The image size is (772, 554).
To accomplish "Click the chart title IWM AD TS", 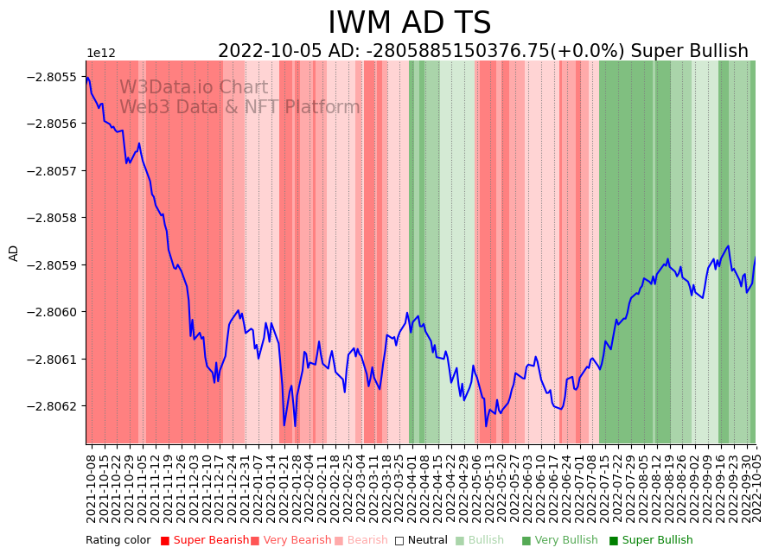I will tap(409, 23).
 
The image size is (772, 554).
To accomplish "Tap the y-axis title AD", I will tap(14, 252).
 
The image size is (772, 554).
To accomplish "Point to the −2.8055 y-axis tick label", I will tap(53, 77).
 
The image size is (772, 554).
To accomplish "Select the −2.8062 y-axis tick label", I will tap(53, 405).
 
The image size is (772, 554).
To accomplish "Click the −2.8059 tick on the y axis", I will tap(53, 264).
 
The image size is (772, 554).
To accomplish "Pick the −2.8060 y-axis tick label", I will tap(53, 311).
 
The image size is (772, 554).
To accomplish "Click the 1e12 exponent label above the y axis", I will tap(100, 54).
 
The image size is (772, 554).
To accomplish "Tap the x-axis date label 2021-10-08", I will tap(91, 486).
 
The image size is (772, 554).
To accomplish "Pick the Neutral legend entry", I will tap(421, 540).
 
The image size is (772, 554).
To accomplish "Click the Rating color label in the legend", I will tap(118, 540).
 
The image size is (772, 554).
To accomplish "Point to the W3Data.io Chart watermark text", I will tap(194, 88).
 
